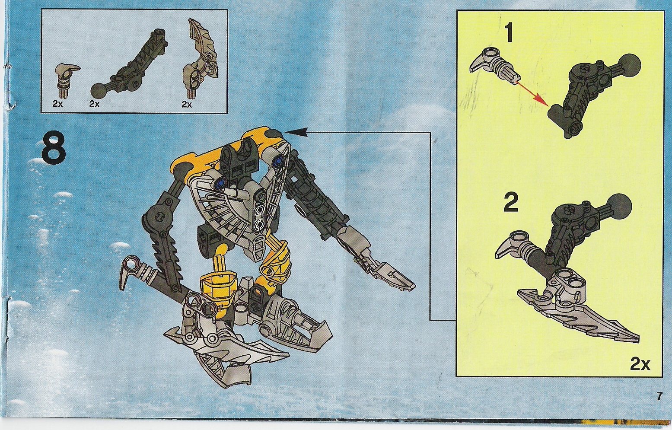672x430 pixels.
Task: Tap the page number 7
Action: (659, 396)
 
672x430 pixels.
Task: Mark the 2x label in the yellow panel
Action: (640, 365)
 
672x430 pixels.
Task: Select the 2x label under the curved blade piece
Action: (186, 104)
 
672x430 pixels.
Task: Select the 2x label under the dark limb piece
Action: (94, 104)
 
